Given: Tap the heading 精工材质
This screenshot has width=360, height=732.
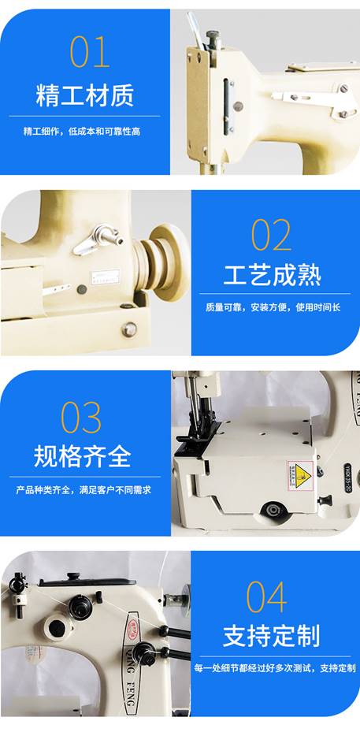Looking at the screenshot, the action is point(85,95).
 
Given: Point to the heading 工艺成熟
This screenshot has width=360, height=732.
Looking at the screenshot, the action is point(273,275).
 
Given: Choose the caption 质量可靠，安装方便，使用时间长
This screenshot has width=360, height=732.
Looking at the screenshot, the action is point(273,308).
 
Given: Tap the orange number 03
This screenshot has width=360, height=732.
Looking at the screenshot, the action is point(81,418).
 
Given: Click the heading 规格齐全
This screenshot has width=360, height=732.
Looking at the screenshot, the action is point(83,456).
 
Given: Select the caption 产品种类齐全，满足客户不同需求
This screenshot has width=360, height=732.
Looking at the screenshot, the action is point(84,490).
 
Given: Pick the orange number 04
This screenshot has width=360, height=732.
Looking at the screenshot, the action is point(266,596).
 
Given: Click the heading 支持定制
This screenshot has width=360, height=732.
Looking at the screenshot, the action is point(271,636).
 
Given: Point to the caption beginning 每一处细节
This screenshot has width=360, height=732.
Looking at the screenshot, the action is point(275,668).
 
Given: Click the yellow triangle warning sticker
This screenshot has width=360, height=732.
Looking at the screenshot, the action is point(299,474).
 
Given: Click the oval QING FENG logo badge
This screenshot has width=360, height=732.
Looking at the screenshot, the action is point(132,662).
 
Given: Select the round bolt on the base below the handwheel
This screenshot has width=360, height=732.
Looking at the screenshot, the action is point(129,329).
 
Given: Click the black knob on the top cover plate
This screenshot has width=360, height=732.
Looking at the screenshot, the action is point(72,577).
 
